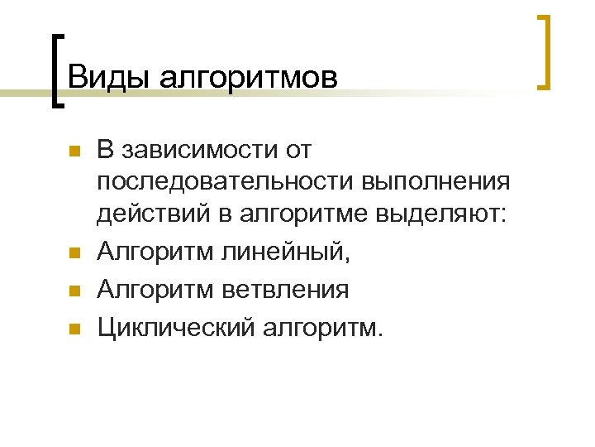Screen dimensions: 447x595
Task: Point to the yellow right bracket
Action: tap(545, 51)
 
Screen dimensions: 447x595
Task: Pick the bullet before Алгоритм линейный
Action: tap(73, 253)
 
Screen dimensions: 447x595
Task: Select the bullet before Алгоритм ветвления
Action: tap(73, 291)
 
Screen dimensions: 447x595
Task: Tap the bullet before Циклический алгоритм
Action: tap(73, 329)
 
